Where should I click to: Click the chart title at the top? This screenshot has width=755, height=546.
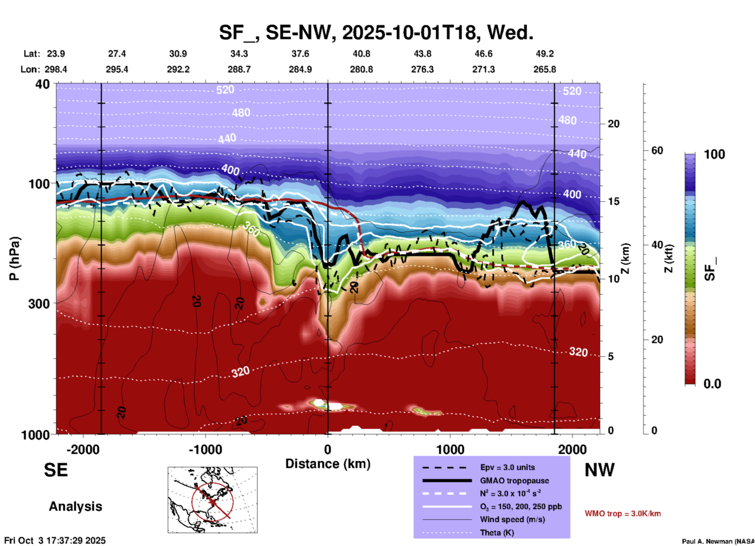tap(376, 33)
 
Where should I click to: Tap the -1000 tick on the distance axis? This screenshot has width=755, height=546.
tap(205, 449)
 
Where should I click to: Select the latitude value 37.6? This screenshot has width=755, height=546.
tap(300, 54)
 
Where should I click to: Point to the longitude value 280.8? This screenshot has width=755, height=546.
tap(361, 69)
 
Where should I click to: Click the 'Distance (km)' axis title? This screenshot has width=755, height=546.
tap(328, 464)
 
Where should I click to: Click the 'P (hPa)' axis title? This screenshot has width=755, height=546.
tap(15, 259)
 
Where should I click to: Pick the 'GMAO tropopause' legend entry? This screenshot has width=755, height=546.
tap(514, 481)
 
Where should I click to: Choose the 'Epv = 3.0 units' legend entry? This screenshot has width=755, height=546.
tap(507, 467)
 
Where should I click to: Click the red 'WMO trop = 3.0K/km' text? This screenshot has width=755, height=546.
tap(623, 513)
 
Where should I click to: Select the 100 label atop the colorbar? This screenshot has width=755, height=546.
tap(714, 154)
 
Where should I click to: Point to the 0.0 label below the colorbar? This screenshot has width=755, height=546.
tap(712, 384)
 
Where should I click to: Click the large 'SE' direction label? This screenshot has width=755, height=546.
tap(56, 470)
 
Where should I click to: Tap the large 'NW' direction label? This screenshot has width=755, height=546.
tap(599, 470)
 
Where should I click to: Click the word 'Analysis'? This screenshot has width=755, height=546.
tap(75, 506)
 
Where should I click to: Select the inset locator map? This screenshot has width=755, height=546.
tap(212, 500)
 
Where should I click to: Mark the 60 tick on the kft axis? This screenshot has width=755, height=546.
tap(657, 150)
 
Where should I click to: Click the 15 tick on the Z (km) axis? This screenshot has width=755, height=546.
tap(613, 201)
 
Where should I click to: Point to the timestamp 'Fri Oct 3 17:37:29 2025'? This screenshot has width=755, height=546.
tap(55, 541)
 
